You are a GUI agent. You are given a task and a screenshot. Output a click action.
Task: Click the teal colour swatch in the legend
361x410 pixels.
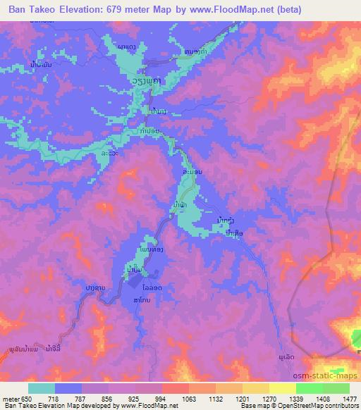42,388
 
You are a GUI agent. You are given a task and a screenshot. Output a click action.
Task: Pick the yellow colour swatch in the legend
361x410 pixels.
282,388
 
